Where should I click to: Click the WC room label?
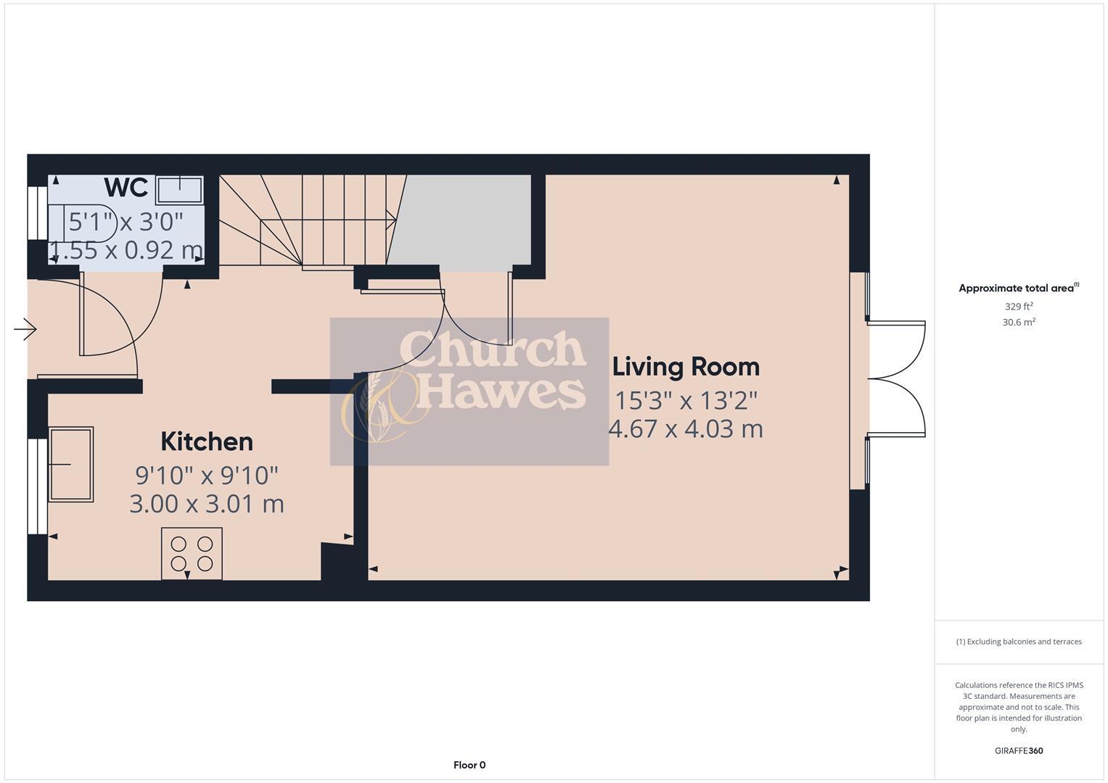[x=126, y=187]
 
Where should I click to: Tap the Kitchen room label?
[x=207, y=442]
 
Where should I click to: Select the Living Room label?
[x=686, y=367]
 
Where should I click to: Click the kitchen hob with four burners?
[x=192, y=553]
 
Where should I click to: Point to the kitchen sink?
[x=70, y=464]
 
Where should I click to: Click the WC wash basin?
[x=178, y=189]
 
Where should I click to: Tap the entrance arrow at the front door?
[x=25, y=330]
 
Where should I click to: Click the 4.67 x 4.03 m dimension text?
[x=686, y=428]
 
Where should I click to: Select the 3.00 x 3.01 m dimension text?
[x=207, y=503]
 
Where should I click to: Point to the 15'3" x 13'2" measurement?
[x=686, y=400]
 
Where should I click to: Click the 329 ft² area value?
[x=1018, y=307]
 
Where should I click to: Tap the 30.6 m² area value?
[x=1018, y=323]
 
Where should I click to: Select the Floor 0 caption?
[x=469, y=765]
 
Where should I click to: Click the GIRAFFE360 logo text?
[x=1018, y=751]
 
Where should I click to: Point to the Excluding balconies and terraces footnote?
[x=1018, y=642]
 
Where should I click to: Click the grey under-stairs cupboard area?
[x=464, y=220]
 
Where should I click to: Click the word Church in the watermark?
[x=493, y=349]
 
